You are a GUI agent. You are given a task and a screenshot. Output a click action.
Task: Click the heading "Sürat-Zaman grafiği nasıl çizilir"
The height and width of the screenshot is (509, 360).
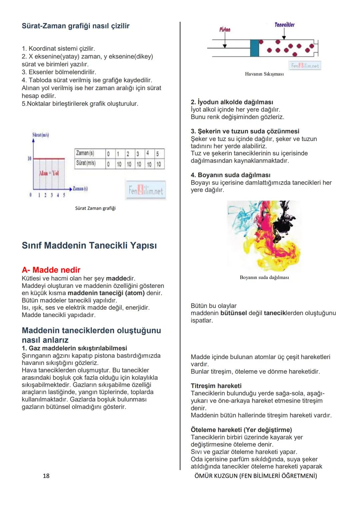[x=75, y=26]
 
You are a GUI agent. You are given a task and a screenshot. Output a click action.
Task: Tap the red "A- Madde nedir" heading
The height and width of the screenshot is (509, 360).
[x=51, y=270]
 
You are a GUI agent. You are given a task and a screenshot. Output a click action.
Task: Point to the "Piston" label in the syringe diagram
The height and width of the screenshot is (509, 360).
[x=225, y=30]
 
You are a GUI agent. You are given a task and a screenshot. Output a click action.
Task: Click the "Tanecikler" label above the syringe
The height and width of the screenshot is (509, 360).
[x=284, y=25]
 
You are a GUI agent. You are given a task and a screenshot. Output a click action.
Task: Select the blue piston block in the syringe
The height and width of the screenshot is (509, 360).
[x=254, y=48]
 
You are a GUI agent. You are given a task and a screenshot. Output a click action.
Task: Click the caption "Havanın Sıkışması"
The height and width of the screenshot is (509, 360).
[x=264, y=74]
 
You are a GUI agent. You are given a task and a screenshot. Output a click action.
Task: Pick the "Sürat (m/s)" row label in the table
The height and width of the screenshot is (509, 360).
[x=86, y=163]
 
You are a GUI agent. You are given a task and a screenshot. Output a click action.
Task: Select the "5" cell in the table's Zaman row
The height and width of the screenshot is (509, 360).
[x=158, y=154]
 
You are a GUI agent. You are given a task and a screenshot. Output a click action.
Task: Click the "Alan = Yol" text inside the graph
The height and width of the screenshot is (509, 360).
[x=49, y=173]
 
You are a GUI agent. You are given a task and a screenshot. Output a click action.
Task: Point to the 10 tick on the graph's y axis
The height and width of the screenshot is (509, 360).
[x=29, y=158]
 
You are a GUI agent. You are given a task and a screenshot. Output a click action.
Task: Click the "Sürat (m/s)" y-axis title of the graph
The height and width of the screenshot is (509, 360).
[x=41, y=135]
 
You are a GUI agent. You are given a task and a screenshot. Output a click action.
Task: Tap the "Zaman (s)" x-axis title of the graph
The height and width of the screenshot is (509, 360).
[x=80, y=189]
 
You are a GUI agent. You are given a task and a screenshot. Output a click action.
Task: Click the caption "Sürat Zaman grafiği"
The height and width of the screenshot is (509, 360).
[x=95, y=208]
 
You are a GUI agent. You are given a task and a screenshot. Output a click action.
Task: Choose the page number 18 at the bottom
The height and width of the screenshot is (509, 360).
[x=46, y=476]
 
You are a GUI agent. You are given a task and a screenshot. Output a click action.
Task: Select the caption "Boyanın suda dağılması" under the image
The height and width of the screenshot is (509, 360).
[x=264, y=277]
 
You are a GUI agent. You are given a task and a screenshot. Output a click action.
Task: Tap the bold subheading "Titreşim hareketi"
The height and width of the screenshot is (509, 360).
[x=216, y=386]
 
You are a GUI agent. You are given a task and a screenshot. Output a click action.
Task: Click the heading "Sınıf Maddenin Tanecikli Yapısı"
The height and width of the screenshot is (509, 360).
[x=89, y=245]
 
